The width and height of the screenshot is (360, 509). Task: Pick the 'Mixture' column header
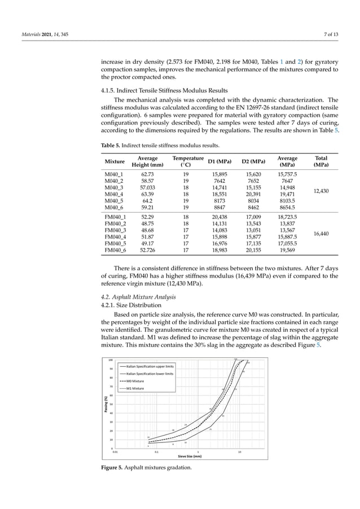[x=115, y=162]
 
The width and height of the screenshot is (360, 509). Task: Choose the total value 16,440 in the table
[x=322, y=233]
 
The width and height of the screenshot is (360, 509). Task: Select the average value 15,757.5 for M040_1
[x=288, y=175]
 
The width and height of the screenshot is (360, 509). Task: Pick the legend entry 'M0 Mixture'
[x=135, y=381]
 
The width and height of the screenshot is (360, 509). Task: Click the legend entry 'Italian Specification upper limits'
[x=151, y=366]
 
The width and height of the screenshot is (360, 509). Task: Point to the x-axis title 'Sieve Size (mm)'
[x=190, y=456]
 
